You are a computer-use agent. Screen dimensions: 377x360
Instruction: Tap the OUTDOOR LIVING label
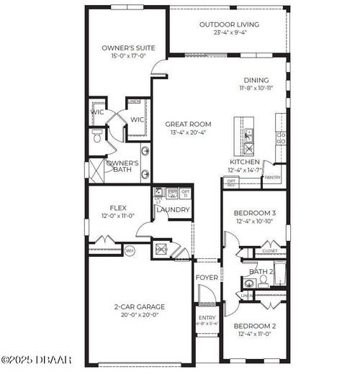pos(228,24)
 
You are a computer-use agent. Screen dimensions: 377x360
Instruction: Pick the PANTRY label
pos(272,177)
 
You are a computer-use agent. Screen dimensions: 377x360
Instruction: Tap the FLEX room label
pos(118,208)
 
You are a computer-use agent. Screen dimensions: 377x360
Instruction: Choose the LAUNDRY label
pos(174,210)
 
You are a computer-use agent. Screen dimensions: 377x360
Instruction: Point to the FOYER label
pos(207,277)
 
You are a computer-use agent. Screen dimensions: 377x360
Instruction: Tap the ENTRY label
pos(207,317)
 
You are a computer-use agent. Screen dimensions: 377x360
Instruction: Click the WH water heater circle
pos(130,250)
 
